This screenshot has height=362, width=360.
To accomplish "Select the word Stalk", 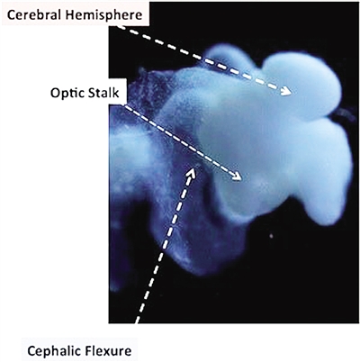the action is (x=102, y=93).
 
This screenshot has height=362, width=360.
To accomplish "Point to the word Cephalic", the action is (x=51, y=350).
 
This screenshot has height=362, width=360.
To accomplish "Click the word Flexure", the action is (x=105, y=350).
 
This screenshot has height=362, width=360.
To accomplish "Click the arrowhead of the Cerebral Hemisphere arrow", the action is (x=286, y=90).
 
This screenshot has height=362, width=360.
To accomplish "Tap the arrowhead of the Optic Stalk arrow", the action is (x=237, y=176).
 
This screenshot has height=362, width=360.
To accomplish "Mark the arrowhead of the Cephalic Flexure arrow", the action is (x=191, y=174).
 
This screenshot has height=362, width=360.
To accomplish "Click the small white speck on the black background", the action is (x=272, y=236).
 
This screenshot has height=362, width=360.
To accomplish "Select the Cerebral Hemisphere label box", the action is (x=75, y=14).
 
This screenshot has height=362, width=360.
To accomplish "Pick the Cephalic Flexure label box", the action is (x=80, y=350).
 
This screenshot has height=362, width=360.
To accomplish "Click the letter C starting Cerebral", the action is (x=11, y=15).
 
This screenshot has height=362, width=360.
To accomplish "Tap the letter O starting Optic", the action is (x=55, y=94).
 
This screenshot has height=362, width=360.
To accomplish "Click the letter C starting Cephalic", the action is (x=31, y=350).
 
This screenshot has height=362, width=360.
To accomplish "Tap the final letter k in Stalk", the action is (x=116, y=93).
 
